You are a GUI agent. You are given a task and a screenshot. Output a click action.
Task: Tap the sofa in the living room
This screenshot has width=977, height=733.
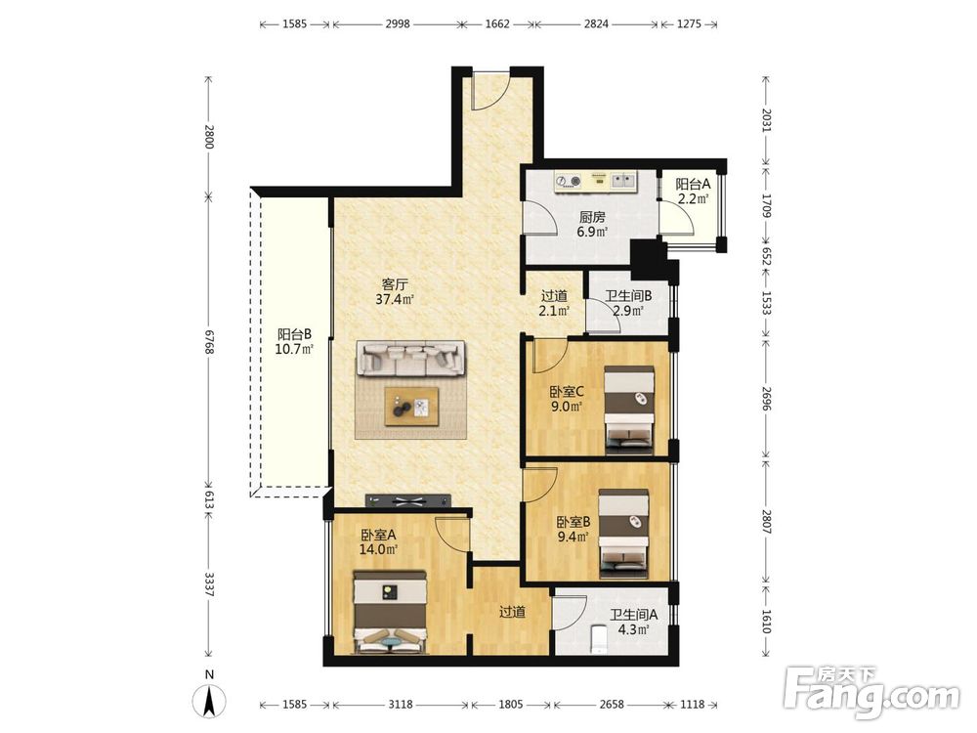click(x=411, y=359)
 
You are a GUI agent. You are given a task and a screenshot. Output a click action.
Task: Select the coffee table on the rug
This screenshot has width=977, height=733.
click(x=411, y=407)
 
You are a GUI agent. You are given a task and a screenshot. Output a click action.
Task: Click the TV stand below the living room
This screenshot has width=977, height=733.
click(x=408, y=499)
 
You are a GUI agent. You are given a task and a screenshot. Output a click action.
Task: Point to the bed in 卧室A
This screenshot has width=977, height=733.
click(x=390, y=613)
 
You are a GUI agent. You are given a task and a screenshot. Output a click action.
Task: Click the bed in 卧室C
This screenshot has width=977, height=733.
click(x=629, y=410)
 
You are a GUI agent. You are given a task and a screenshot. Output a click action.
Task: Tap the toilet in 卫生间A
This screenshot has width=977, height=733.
click(x=598, y=638)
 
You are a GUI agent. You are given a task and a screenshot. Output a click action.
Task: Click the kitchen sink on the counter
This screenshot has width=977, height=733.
click(x=623, y=181)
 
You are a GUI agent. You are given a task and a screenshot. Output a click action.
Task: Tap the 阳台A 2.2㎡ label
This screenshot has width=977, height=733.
click(x=693, y=192)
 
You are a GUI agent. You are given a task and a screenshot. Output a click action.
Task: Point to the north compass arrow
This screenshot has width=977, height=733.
click(x=209, y=701)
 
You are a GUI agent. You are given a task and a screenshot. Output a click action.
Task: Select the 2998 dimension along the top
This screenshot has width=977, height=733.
click(x=398, y=23)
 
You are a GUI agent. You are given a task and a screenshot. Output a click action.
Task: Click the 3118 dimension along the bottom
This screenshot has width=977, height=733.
click(x=400, y=705)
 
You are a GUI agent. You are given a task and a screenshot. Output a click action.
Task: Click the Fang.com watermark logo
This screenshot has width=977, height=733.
click(x=871, y=690)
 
